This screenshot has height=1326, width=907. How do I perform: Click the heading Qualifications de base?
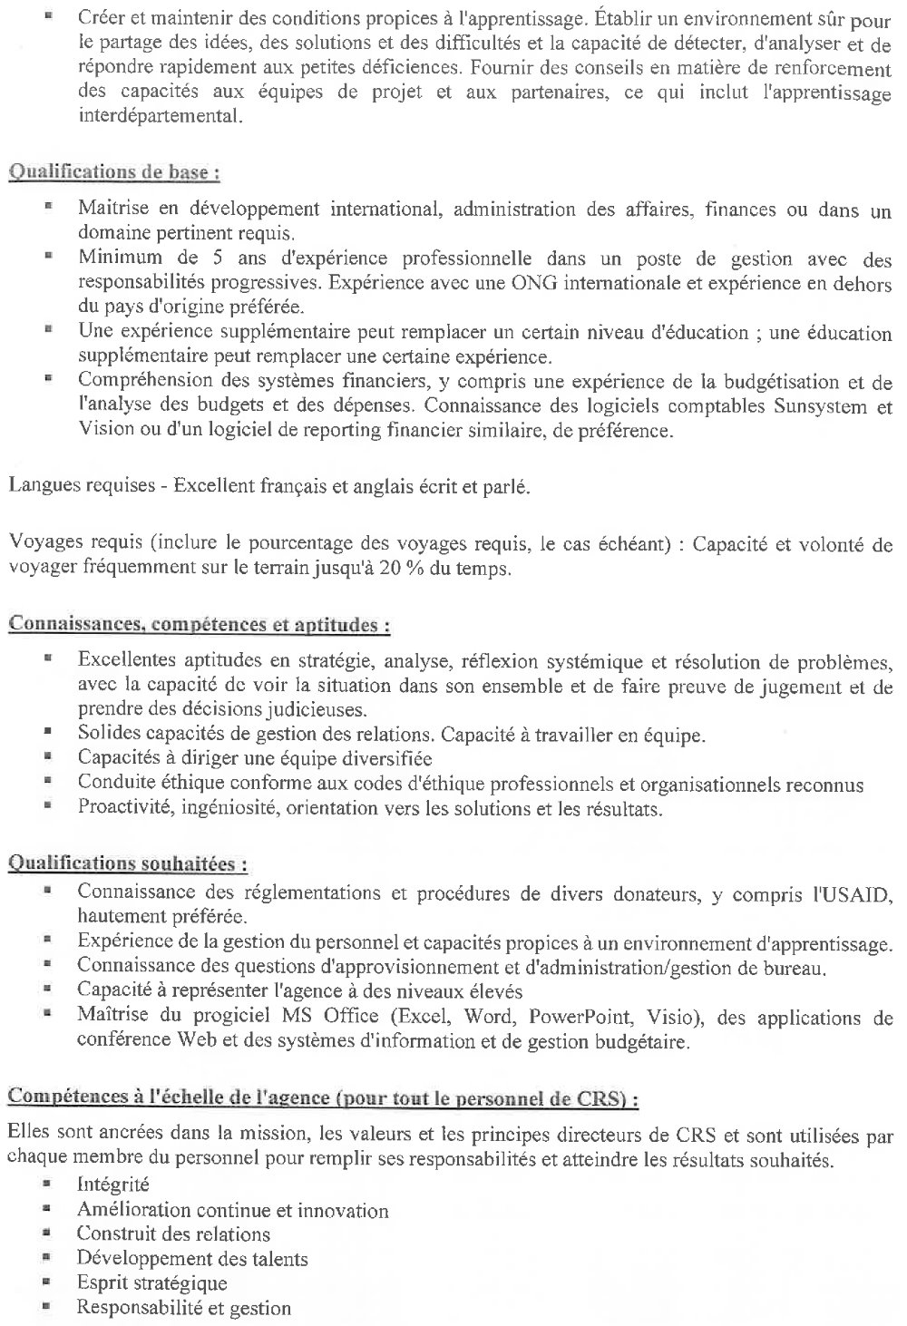[x=114, y=172]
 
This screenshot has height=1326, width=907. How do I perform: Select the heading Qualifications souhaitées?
[x=128, y=863]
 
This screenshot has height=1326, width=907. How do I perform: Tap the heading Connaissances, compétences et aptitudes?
[x=200, y=624]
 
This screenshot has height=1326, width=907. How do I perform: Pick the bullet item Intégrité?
[x=113, y=1185]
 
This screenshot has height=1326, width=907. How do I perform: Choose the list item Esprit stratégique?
[x=151, y=1282]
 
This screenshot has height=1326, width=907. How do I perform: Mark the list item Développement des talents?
[x=192, y=1258]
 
